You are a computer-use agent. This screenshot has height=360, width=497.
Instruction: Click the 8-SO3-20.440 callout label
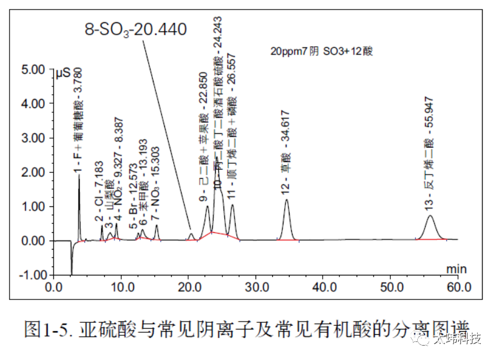pos(135,28)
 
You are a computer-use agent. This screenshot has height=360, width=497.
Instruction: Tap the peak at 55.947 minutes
pos(430,218)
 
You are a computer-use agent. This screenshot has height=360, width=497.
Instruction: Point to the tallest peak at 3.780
pos(79,178)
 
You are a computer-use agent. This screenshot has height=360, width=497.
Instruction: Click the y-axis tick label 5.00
pos(33,70)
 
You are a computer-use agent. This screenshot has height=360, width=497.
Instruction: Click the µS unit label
pos(62,74)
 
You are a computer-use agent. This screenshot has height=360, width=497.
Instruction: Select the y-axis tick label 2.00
pos(33,172)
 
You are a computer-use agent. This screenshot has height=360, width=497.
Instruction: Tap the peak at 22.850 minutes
pos(207,208)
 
